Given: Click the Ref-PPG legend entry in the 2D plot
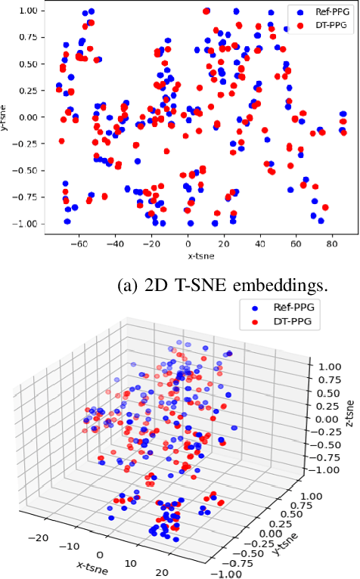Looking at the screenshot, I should (321, 13).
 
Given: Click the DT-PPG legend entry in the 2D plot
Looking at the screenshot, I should (321, 25).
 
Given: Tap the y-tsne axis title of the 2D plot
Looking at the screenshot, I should (5, 116).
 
